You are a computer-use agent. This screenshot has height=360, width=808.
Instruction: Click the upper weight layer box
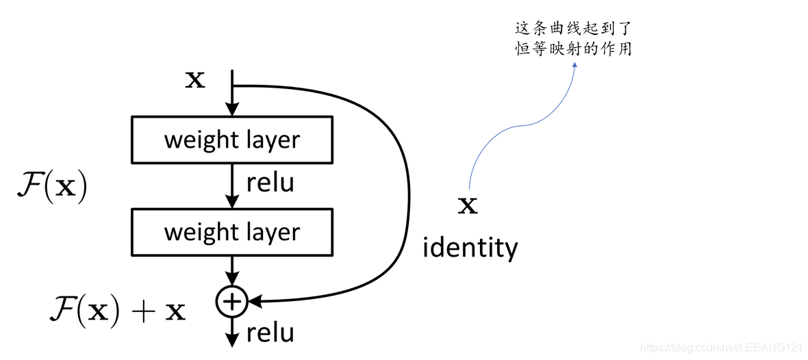click(x=231, y=140)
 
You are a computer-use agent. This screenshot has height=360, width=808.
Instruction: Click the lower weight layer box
click(x=231, y=232)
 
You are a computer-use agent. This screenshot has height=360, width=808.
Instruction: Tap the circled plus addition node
click(x=232, y=301)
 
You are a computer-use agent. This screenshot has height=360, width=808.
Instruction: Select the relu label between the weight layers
click(x=270, y=183)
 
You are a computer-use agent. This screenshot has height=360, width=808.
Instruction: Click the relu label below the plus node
click(x=270, y=333)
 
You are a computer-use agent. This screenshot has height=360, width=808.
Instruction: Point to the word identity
click(x=470, y=247)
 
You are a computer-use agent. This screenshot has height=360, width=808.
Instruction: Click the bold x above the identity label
click(x=468, y=205)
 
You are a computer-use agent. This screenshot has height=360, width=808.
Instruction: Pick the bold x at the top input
click(x=195, y=80)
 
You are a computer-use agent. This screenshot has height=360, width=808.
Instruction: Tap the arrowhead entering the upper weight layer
click(x=232, y=110)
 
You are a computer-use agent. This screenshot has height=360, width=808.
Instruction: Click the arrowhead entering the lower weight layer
click(x=232, y=201)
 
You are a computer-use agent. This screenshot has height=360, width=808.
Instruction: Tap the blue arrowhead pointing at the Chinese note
click(x=574, y=66)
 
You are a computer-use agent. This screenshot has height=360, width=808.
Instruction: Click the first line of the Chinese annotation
click(x=572, y=29)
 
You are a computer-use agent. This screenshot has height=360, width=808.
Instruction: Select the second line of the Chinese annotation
click(x=572, y=50)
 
